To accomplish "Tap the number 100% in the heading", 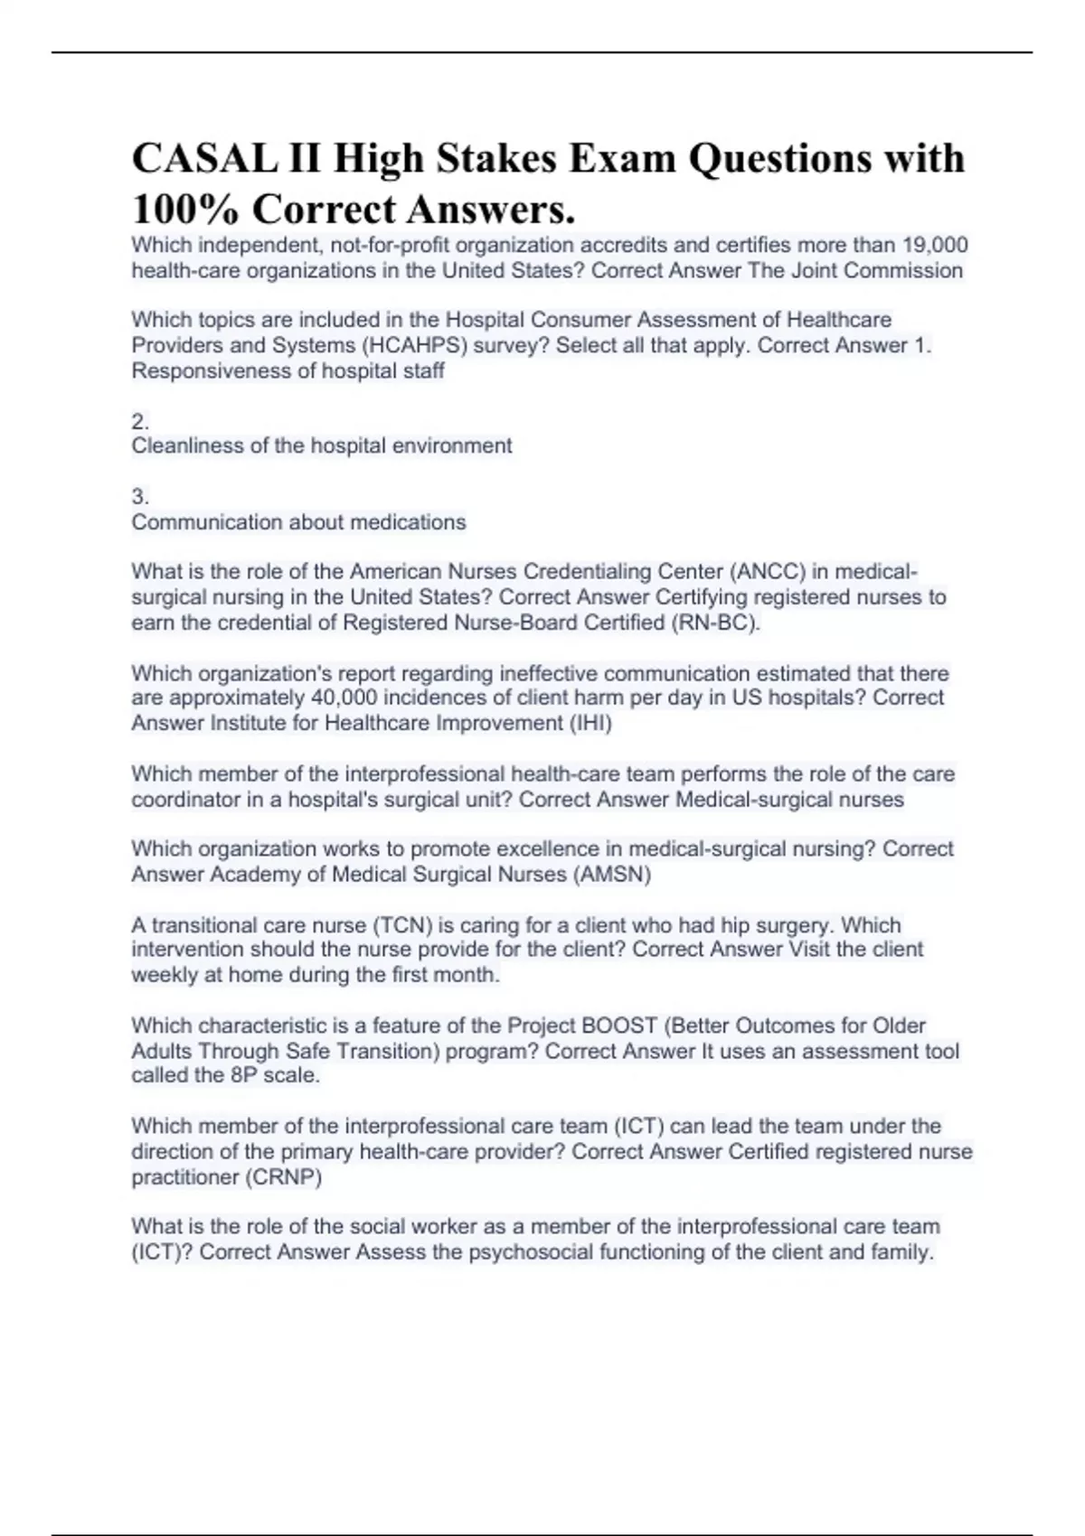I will [x=185, y=211].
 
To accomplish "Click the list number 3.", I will [x=140, y=496].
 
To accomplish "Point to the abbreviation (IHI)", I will [x=590, y=723].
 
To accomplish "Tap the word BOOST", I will [x=619, y=1026].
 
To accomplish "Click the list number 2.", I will [x=140, y=421].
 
